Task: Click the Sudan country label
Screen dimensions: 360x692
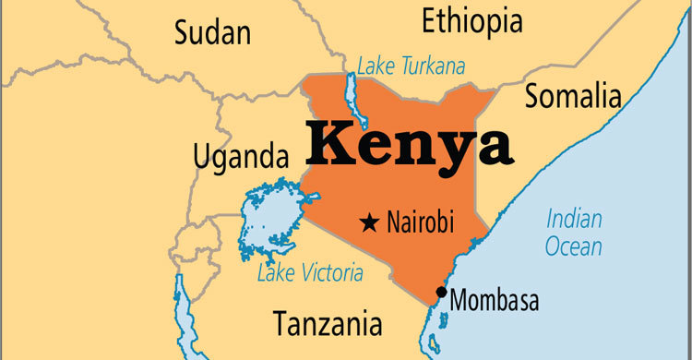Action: tap(212, 34)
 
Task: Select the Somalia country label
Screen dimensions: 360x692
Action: tap(573, 95)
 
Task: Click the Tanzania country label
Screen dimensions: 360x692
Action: tap(328, 323)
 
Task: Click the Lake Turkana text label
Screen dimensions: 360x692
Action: tap(412, 66)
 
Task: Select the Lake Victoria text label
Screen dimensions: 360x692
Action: tap(310, 273)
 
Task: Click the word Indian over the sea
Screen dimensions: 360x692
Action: tap(574, 220)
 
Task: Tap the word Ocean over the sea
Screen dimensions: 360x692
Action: tap(573, 246)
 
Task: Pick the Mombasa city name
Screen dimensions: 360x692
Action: tap(495, 301)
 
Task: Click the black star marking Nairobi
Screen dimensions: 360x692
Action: tap(370, 222)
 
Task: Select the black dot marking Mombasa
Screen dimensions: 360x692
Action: tap(442, 293)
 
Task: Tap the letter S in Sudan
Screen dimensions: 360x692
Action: tap(183, 34)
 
